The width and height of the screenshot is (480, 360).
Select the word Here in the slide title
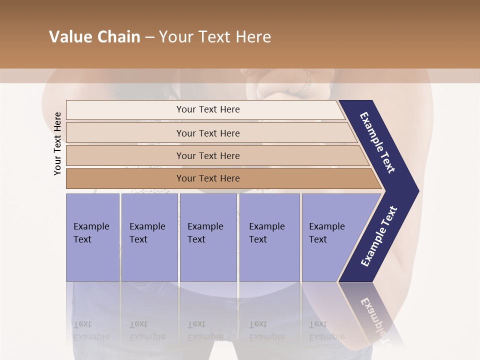(253, 37)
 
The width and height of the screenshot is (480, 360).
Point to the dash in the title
(149, 37)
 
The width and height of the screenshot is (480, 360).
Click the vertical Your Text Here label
(57, 143)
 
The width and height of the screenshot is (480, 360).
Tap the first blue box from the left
(92, 237)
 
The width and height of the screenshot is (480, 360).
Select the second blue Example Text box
(149, 237)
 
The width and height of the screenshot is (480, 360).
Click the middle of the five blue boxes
(208, 237)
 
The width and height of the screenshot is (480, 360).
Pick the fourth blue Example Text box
(269, 237)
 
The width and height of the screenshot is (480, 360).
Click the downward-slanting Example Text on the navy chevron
(377, 142)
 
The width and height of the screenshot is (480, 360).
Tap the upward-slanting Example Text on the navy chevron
(379, 236)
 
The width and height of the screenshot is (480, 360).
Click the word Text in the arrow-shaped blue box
(318, 239)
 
